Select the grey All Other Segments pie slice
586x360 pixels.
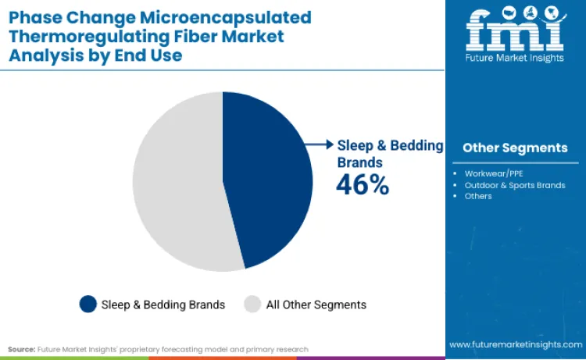pyautogui.click(x=176, y=184)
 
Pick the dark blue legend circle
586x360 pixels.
pyautogui.click(x=88, y=305)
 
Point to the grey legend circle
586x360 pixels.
pyautogui.click(x=252, y=305)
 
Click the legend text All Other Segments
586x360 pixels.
pyautogui.click(x=316, y=305)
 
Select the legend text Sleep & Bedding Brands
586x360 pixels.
pyautogui.click(x=163, y=305)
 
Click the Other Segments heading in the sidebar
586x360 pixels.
pyautogui.click(x=515, y=148)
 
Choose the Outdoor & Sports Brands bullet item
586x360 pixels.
pyautogui.click(x=514, y=185)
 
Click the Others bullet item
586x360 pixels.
pyautogui.click(x=478, y=196)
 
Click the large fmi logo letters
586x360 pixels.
pyautogui.click(x=515, y=30)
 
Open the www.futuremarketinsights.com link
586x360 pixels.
pyautogui.click(x=514, y=344)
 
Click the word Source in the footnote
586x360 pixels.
pyautogui.click(x=21, y=349)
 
